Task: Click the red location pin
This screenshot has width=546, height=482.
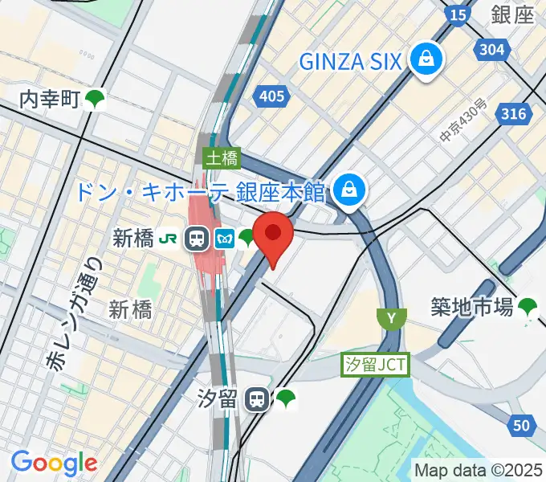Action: click(273, 234)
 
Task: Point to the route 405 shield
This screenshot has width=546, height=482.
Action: click(272, 96)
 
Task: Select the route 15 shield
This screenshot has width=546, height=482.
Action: click(458, 14)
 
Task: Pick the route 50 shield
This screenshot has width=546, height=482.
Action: click(522, 426)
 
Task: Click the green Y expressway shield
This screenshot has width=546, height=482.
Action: click(391, 318)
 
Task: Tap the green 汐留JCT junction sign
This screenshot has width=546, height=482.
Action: click(376, 366)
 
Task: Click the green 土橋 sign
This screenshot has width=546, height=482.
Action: click(221, 157)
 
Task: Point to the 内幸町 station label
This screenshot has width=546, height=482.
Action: click(50, 100)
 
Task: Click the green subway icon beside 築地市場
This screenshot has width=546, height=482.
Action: click(528, 306)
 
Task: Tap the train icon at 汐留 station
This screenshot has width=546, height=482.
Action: click(257, 398)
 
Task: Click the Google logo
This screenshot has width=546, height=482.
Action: click(54, 462)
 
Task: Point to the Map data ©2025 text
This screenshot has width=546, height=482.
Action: click(479, 469)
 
